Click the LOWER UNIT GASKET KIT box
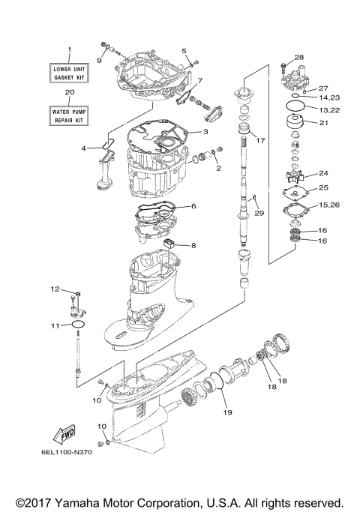pyautogui.click(x=70, y=73)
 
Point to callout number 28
pyautogui.click(x=299, y=58)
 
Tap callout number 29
pyautogui.click(x=259, y=214)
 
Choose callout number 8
pyautogui.click(x=193, y=245)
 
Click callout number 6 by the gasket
pyautogui.click(x=193, y=205)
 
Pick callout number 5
pyautogui.click(x=184, y=50)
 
